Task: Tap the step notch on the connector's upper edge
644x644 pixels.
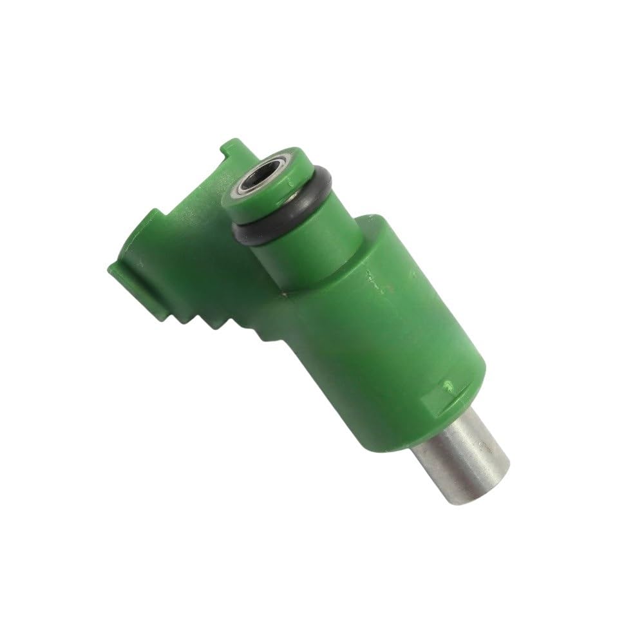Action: (158, 216)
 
